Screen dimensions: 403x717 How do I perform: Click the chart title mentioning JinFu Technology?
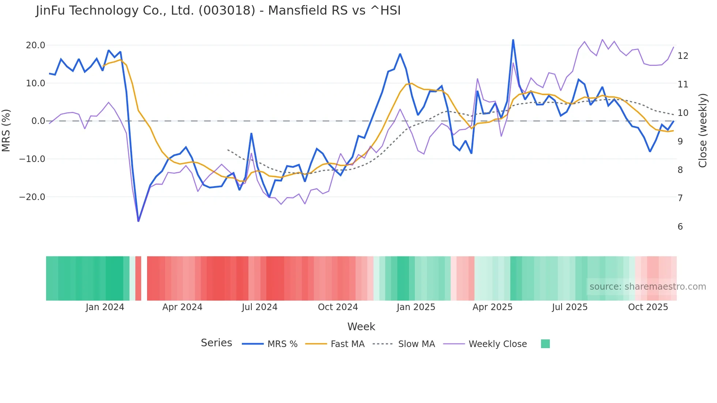click(x=218, y=11)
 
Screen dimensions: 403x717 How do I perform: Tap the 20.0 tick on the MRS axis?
click(x=35, y=45)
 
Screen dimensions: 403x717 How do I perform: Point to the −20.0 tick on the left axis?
click(x=32, y=197)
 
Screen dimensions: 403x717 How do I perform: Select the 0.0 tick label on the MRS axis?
click(x=38, y=121)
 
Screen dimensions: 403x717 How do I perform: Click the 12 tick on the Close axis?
click(x=683, y=56)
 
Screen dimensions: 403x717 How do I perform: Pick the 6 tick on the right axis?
click(x=680, y=227)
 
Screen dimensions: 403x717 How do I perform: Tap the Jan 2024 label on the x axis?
click(x=105, y=307)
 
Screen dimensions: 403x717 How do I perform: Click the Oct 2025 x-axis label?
click(x=648, y=307)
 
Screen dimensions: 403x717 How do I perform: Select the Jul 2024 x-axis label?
click(x=259, y=307)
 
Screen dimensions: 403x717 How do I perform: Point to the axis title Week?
click(x=361, y=327)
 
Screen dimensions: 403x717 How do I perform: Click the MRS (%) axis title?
click(x=6, y=130)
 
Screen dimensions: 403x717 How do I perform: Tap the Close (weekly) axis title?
click(x=703, y=131)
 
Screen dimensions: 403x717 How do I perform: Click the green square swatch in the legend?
click(x=545, y=344)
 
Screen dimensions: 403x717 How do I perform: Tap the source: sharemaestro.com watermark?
click(x=647, y=287)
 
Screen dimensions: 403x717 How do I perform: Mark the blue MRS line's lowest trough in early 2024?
click(x=138, y=221)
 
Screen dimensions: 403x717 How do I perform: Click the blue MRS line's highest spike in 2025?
click(x=513, y=40)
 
